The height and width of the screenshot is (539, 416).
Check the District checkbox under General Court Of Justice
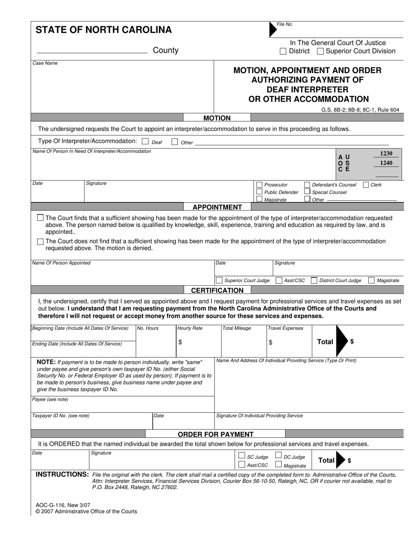coord(283,51)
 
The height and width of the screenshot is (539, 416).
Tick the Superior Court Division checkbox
coord(320,51)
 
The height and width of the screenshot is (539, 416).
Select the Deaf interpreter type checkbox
coord(146,142)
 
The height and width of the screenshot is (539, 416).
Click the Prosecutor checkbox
coord(259,185)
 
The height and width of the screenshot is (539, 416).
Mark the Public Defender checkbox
coord(259,192)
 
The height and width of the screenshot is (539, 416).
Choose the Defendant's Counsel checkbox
coord(307,185)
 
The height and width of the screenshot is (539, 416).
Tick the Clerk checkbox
coord(366,185)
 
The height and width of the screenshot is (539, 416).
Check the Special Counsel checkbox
coord(307,192)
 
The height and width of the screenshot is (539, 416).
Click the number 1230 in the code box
coord(386,153)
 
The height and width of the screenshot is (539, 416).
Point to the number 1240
coord(386,163)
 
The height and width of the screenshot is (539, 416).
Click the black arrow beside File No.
coord(273,29)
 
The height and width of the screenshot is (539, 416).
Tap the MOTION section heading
coord(217,118)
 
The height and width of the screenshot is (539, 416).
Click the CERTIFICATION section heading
coord(217,290)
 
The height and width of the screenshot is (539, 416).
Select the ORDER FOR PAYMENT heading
coord(215,434)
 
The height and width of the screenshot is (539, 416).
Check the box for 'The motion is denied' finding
coord(41,241)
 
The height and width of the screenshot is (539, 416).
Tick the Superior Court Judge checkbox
coord(219,280)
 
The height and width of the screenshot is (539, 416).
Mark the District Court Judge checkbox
coord(314,280)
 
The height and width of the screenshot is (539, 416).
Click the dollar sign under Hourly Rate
coord(180,343)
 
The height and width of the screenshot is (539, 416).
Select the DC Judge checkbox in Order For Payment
coord(278,456)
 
